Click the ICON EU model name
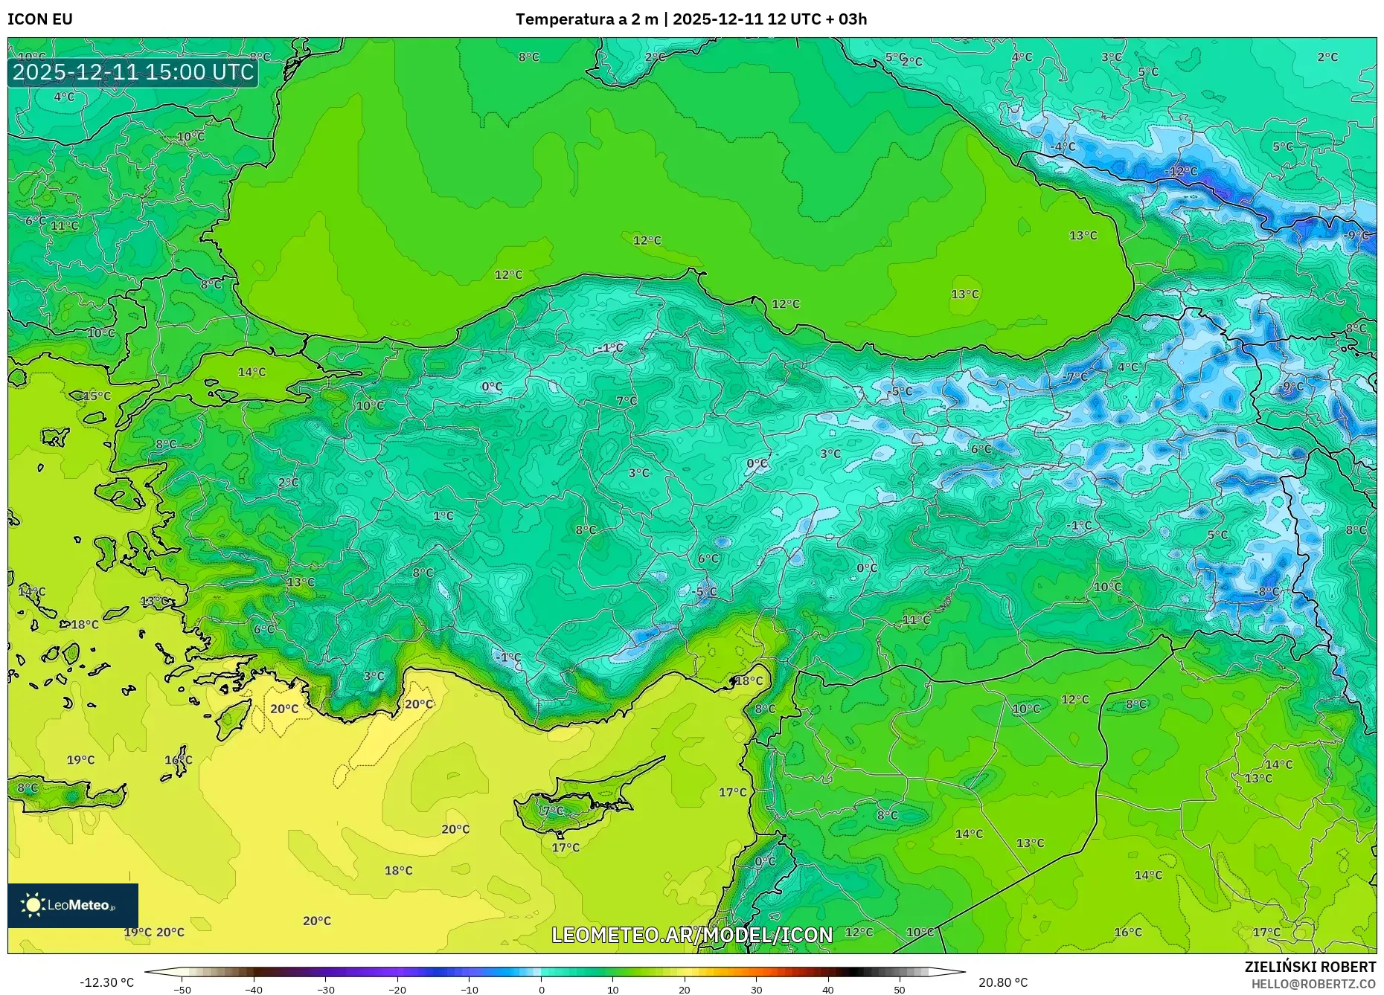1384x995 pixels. [x=40, y=19]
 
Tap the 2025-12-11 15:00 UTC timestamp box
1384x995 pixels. [x=133, y=72]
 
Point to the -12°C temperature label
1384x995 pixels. [x=1181, y=172]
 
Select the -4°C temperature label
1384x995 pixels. [x=1063, y=146]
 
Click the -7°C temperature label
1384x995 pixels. [x=1075, y=377]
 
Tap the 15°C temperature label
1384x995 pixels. [x=96, y=396]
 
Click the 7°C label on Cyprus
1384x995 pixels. [x=552, y=811]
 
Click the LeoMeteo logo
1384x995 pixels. [x=73, y=905]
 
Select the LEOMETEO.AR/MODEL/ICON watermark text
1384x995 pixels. [x=692, y=935]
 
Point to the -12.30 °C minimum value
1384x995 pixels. [x=107, y=982]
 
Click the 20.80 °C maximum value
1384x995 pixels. [x=1002, y=982]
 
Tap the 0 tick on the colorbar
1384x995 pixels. [x=541, y=989]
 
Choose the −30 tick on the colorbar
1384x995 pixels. [x=326, y=989]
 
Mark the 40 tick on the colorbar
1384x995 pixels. [x=827, y=989]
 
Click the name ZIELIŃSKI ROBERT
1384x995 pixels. [x=1310, y=967]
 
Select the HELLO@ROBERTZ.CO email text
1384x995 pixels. [x=1313, y=984]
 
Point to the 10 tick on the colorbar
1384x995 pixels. [x=612, y=989]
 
